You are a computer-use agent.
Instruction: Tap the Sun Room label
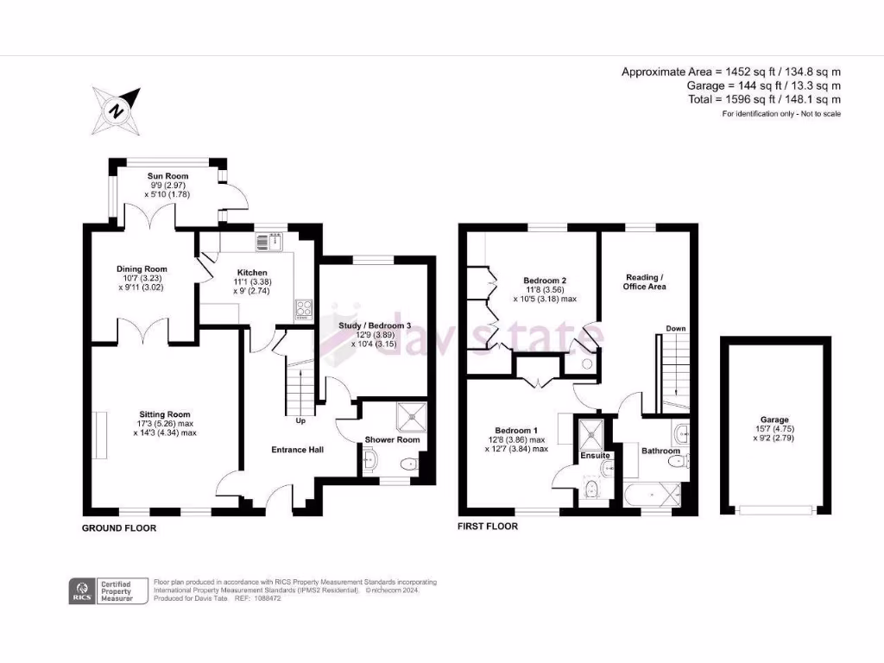pos(167,176)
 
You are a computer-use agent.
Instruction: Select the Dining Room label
pos(142,269)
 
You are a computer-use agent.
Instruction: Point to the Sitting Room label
pos(164,414)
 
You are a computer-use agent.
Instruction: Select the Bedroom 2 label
pos(545,281)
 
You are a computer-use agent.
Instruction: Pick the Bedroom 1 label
pos(516,431)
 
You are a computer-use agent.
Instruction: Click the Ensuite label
pos(594,455)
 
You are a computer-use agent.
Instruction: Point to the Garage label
pos(775,420)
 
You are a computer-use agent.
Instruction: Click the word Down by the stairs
pos(676,329)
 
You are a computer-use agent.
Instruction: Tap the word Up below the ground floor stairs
pos(300,422)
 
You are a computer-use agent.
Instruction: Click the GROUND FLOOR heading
pos(119,527)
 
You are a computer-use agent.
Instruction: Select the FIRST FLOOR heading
pos(489,526)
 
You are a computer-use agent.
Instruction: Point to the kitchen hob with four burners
pos(304,309)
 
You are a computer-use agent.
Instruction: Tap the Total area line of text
pos(763,99)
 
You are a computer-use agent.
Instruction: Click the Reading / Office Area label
pos(646,281)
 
